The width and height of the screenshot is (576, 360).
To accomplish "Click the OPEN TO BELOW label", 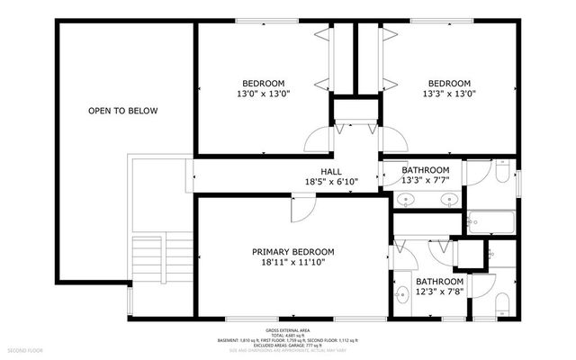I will (122, 111).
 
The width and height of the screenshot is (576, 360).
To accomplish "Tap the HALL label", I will (331, 171).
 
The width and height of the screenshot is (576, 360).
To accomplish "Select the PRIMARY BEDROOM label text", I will (293, 252).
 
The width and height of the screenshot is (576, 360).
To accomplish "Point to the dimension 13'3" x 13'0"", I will (448, 93).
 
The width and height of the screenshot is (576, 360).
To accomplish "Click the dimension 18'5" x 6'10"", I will (331, 182).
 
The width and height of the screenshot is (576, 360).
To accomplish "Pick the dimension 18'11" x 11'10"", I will (293, 263).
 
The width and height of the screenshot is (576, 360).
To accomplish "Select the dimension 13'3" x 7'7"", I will (425, 181).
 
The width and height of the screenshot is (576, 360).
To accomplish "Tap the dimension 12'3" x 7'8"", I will (439, 292).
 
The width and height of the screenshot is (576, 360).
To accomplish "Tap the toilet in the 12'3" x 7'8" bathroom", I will (502, 300).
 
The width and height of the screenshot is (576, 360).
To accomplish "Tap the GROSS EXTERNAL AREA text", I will (288, 329).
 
